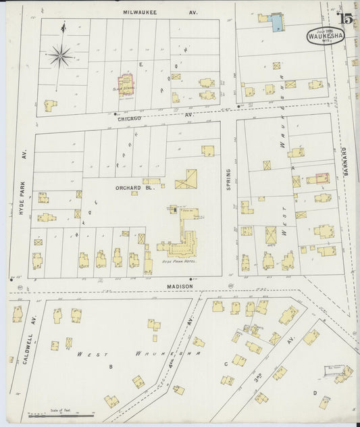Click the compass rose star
60,55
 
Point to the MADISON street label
180,286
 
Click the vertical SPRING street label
228,179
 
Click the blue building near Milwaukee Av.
276,24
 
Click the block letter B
110,367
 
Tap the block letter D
314,392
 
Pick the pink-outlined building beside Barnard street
317,178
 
